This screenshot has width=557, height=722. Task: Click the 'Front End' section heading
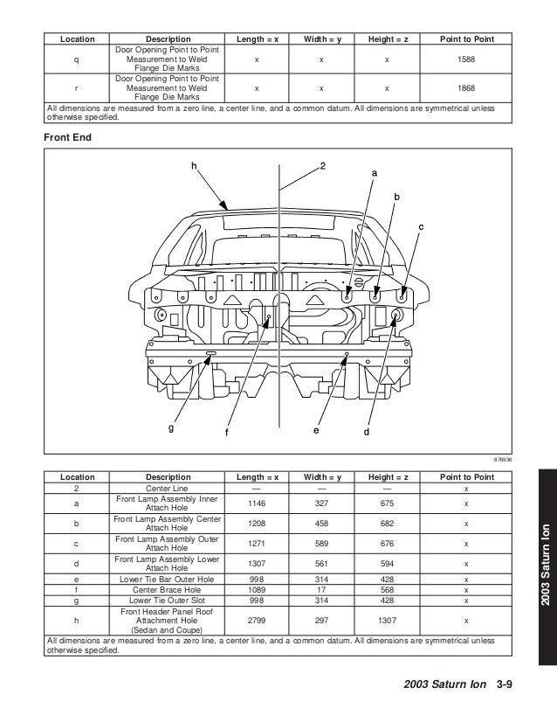[x=68, y=137]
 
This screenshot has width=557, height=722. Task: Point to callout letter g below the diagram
[x=171, y=427]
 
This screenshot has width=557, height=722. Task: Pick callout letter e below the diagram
[x=317, y=430]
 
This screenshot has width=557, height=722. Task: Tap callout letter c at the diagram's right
[x=420, y=227]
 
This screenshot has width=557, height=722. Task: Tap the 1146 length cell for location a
[x=256, y=503]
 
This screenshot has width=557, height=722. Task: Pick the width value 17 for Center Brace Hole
[x=320, y=589]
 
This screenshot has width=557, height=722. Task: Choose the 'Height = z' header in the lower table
[x=386, y=477]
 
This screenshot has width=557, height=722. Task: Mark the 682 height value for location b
[x=386, y=524]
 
